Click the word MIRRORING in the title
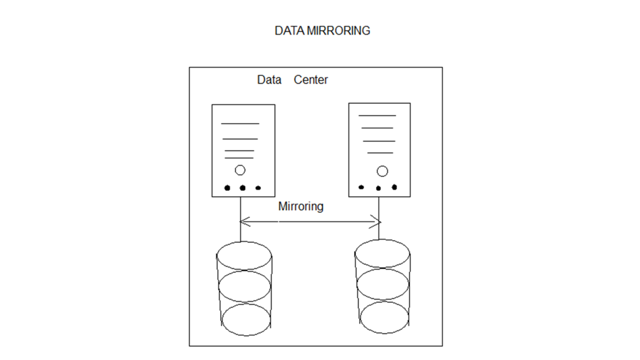click(x=338, y=31)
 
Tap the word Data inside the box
click(x=269, y=80)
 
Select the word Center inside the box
click(x=311, y=80)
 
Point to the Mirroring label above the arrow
click(x=301, y=206)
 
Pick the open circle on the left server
click(x=240, y=170)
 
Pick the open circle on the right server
click(x=382, y=171)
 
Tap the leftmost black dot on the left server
click(x=227, y=188)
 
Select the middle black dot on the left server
click(x=243, y=188)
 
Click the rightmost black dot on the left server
click(x=258, y=188)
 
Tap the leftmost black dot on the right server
click(x=361, y=187)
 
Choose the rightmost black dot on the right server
click(x=394, y=187)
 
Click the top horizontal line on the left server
click(x=240, y=124)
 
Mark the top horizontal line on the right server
click(x=377, y=116)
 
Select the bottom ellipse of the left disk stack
click(x=246, y=319)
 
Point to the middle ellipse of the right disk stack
click(x=383, y=284)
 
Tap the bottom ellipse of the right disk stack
click(x=384, y=317)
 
